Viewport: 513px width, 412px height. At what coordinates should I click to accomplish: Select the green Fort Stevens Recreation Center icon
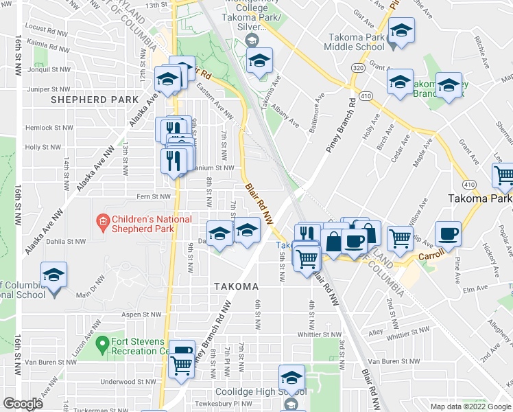pos(102,342)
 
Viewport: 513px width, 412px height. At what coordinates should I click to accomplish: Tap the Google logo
pos(23,403)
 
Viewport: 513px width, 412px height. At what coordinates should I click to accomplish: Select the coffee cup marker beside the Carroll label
pos(448,234)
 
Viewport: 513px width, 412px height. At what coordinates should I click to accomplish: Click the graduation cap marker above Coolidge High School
pos(291,378)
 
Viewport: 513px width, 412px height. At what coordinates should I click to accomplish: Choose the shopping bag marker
pos(333,242)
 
